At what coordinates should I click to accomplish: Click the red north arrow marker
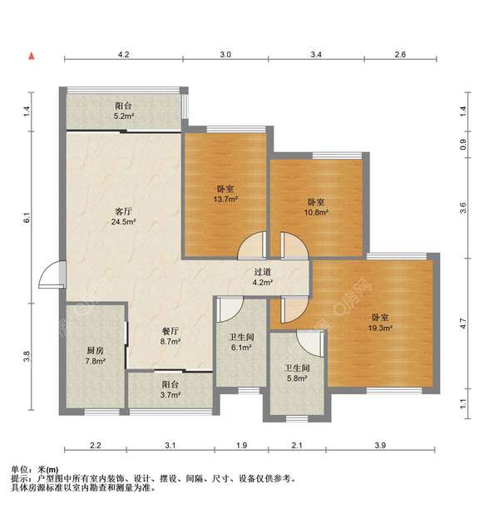tap(32, 57)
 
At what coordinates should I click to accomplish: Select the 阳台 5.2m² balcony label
tap(124, 111)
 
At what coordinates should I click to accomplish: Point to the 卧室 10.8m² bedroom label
tap(316, 207)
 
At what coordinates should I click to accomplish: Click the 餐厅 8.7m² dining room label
tap(171, 336)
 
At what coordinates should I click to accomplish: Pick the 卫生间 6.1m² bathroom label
tap(241, 343)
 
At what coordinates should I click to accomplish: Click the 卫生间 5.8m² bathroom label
tap(297, 373)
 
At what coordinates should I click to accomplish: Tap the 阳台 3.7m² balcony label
tap(170, 390)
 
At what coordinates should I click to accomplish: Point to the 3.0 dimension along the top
tap(225, 54)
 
